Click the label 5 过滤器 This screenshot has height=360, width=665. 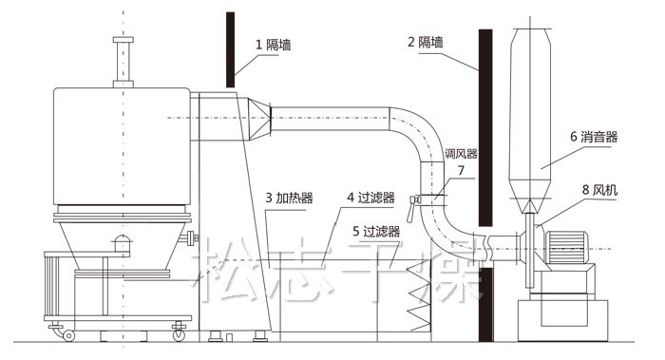[x=373, y=230]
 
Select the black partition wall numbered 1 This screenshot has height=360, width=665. [x=231, y=47]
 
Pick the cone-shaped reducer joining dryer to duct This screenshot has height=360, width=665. [x=259, y=117]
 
